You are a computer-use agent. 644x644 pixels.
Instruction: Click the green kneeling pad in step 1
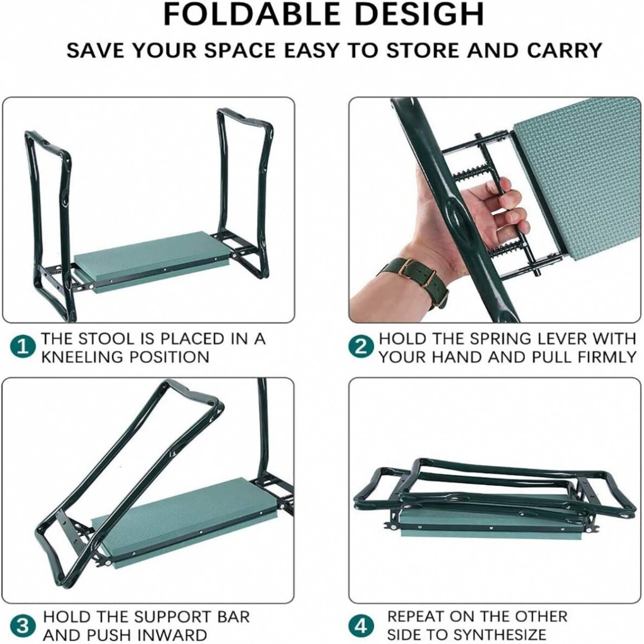(x=150, y=259)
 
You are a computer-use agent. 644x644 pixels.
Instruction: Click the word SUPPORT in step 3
(x=171, y=617)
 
